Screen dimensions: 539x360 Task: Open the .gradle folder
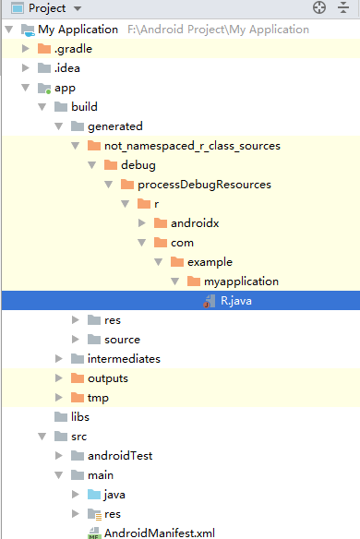[72, 48]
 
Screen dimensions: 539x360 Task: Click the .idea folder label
[67, 67]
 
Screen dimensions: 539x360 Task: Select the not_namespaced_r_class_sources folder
[198, 145]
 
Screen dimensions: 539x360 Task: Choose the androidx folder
[194, 222]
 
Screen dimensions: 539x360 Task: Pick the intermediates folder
[124, 358]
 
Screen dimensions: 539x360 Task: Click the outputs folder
[107, 377]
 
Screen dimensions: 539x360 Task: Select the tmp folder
[98, 397]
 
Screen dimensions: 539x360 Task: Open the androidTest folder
[119, 455]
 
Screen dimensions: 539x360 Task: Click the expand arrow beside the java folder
[76, 495]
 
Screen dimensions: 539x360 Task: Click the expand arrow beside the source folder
[76, 340]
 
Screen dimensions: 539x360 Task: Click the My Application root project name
[78, 29]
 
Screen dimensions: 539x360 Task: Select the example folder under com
[209, 261]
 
